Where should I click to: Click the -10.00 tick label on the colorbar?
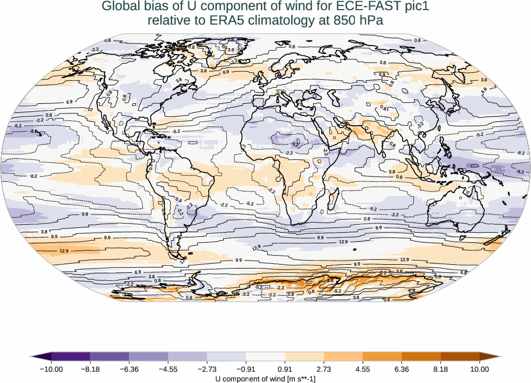[x=51, y=369]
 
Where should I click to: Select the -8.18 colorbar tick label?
[x=90, y=369]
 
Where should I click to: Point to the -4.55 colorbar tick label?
[x=168, y=369]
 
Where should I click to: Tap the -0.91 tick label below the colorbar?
[x=246, y=369]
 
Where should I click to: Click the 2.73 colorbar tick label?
[x=324, y=369]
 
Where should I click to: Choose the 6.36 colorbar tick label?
[x=401, y=369]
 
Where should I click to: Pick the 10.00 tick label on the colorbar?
[x=480, y=369]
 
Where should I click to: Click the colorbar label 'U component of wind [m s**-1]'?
[x=265, y=378]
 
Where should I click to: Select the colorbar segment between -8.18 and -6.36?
[x=110, y=356]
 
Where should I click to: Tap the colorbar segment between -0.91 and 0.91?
[x=265, y=356]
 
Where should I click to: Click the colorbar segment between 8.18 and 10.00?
[x=460, y=356]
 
